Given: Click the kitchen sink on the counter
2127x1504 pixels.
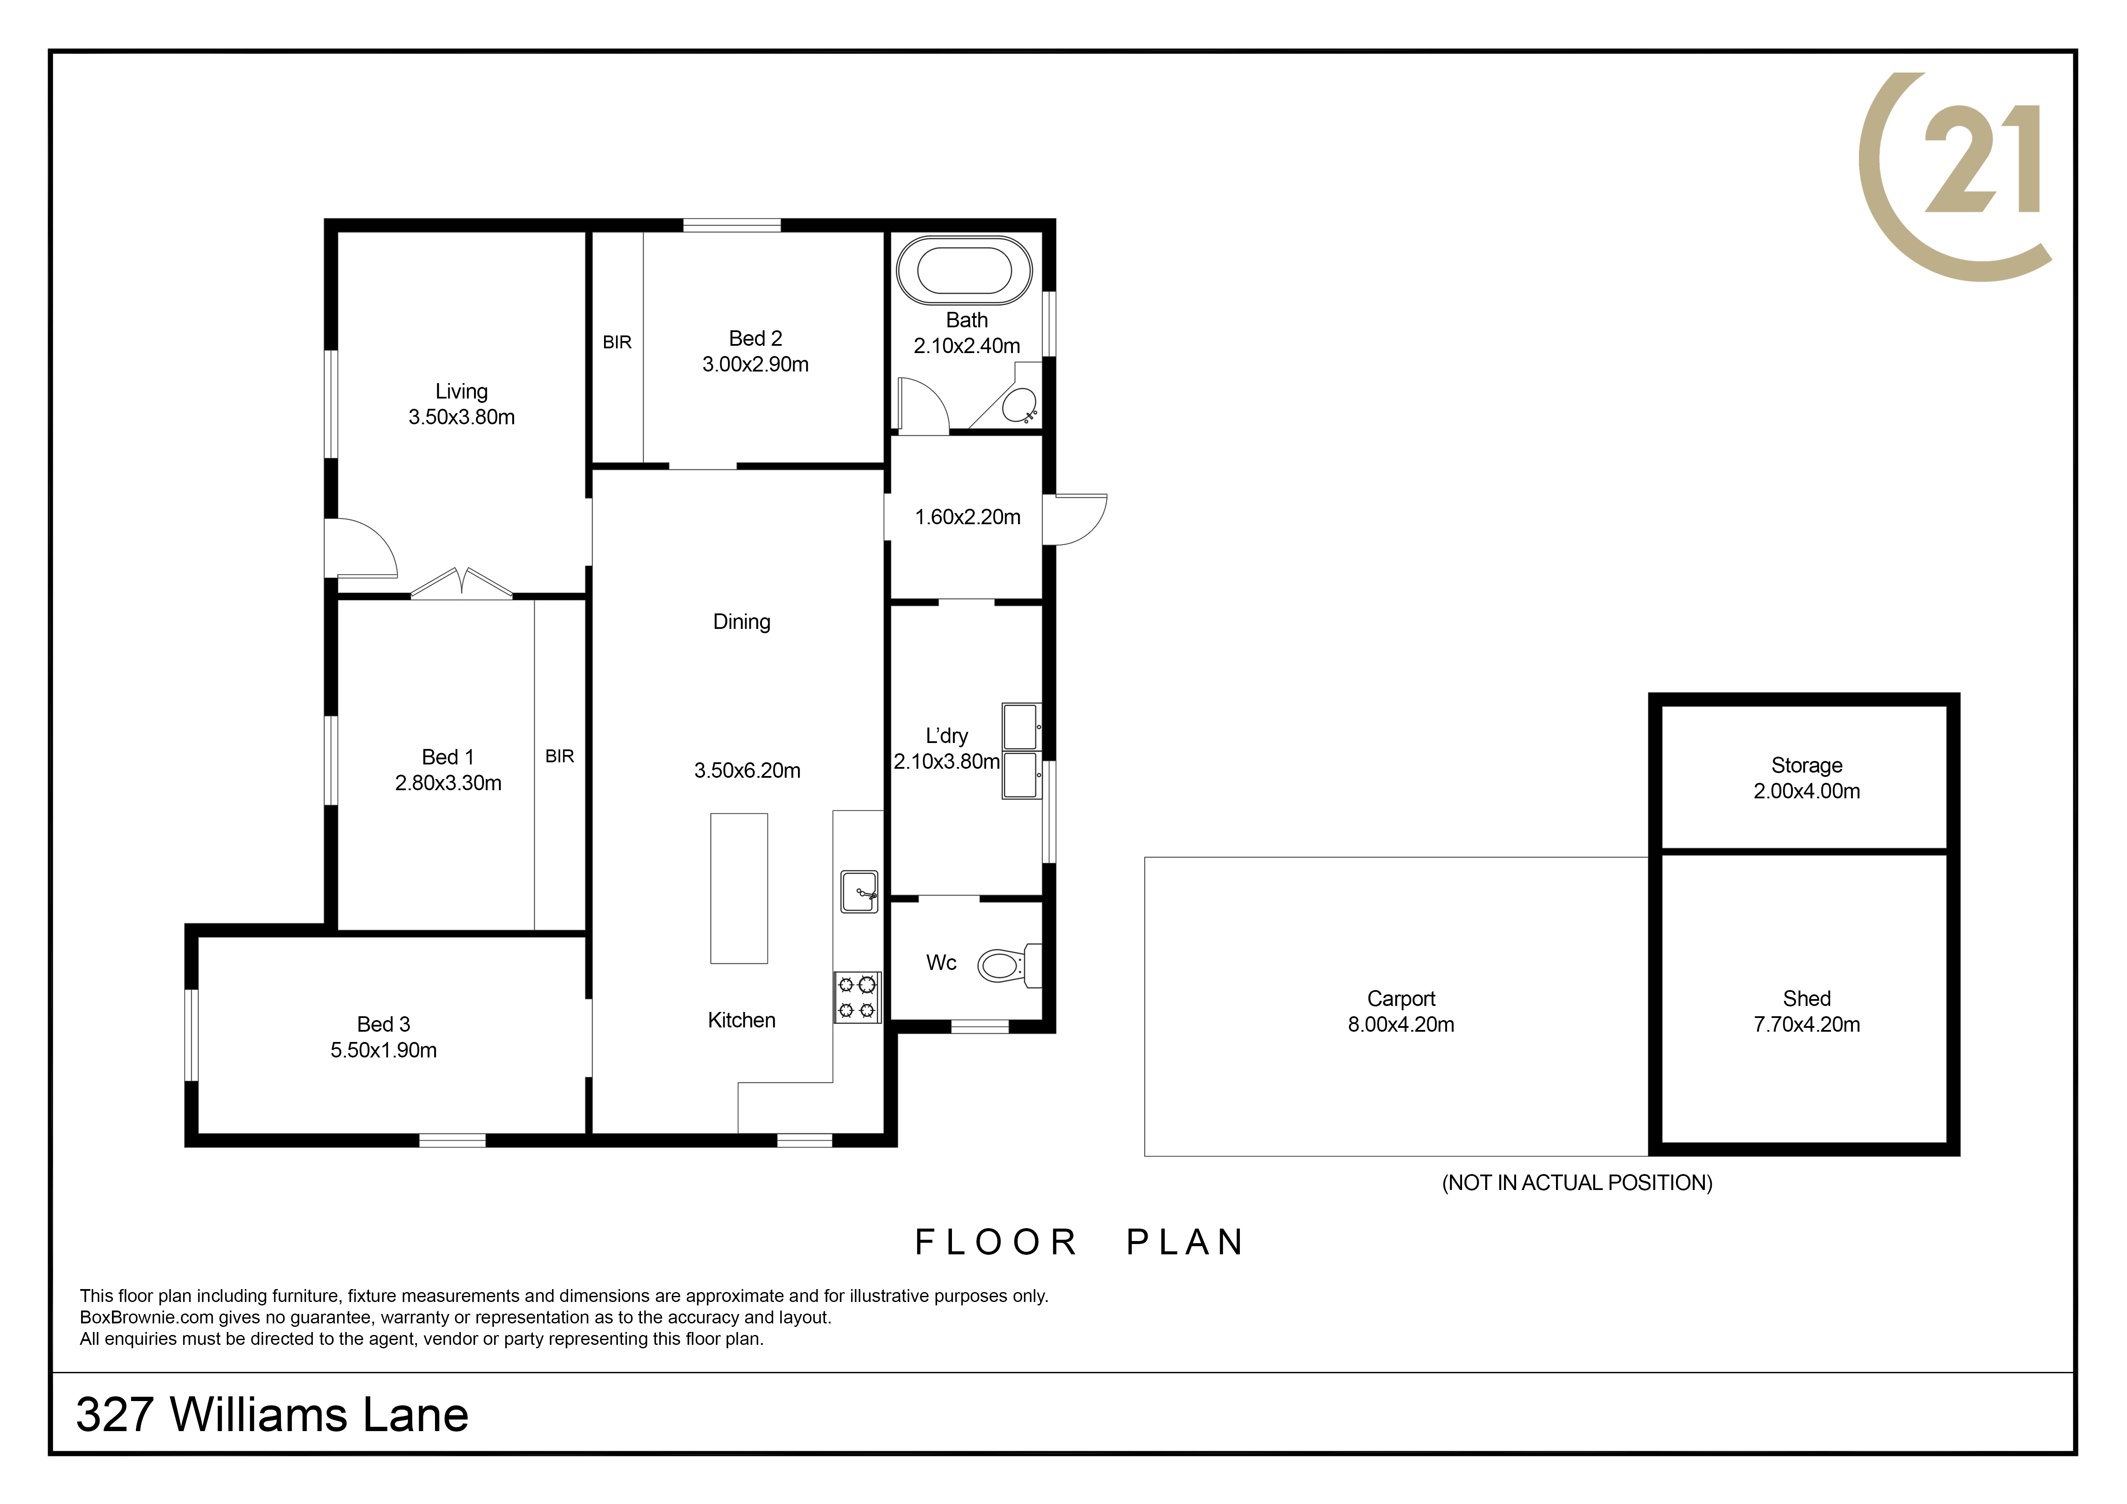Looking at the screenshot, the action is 859,891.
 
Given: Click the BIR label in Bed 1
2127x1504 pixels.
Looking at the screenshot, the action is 559,757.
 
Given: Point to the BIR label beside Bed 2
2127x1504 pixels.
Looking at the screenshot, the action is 617,343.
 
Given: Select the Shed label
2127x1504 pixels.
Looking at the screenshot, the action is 1807,998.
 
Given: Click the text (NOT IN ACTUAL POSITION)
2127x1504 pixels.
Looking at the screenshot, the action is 1577,1183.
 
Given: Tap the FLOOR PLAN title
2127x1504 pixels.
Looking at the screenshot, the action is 1080,1242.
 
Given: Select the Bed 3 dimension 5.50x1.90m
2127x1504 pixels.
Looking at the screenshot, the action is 384,1050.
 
